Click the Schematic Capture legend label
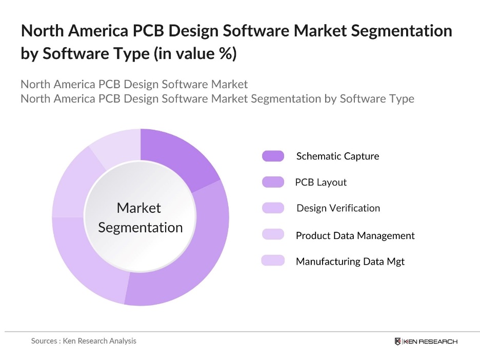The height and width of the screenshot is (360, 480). pos(337,156)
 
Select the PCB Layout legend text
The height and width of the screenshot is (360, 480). pos(321,182)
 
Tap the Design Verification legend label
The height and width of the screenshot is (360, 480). pos(338,208)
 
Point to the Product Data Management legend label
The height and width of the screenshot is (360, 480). pos(355,235)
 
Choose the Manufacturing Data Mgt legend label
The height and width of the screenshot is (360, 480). pos(350,262)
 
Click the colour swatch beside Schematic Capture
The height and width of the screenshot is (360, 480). pos(273,156)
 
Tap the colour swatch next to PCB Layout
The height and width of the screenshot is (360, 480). pos(273,182)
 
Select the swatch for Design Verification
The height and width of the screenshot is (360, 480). pos(273,208)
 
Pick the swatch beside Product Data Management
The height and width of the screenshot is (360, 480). pos(273,234)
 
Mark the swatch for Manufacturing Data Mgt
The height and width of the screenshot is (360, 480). pos(273,261)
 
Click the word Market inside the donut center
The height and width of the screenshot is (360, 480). pos(139,208)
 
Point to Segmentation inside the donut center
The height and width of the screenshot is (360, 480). pos(140,227)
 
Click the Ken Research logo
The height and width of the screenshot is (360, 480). pos(426,342)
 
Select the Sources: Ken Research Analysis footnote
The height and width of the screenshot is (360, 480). pos(84,341)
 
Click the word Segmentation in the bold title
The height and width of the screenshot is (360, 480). pos(400,31)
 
